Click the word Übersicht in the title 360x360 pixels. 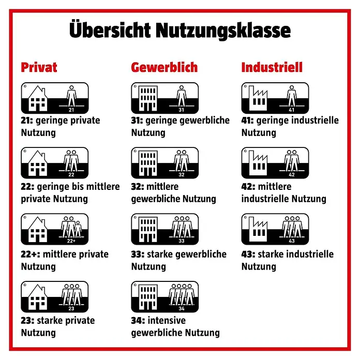coord(110,29)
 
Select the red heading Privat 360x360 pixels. coord(39,67)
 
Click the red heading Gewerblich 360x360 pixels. coord(164,67)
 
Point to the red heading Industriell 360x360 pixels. coord(272,67)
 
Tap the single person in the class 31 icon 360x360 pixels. coord(182,96)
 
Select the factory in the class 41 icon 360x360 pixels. coord(258,98)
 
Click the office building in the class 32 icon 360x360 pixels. coord(148,163)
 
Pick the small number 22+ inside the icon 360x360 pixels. coord(71,241)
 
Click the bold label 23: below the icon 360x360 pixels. coord(27,321)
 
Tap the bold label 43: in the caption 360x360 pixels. coord(248,254)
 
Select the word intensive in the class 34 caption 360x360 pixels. coord(167,320)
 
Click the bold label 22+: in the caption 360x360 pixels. coord(31,254)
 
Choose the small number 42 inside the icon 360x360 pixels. coord(292,175)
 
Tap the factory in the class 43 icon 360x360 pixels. coord(258,229)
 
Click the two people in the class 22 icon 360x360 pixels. coord(71,161)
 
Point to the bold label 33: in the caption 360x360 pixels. coord(138,254)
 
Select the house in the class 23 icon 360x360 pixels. coord(38,297)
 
